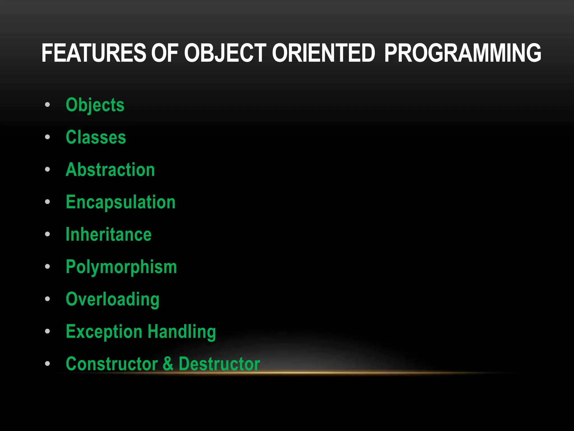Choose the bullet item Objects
pos(95,105)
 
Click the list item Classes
pos(96,137)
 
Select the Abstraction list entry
pos(110,170)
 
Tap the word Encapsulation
pos(121,202)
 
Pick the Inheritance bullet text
pos(108,235)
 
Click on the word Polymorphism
pos(121,267)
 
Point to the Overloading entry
pos(112,299)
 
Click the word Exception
pos(104,332)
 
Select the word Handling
pos(182,332)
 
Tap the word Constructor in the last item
pos(112,364)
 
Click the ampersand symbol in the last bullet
pos(168,364)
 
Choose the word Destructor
pos(219,364)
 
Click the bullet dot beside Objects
pos(47,105)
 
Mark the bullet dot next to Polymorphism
pos(47,267)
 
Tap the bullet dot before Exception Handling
pos(47,331)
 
